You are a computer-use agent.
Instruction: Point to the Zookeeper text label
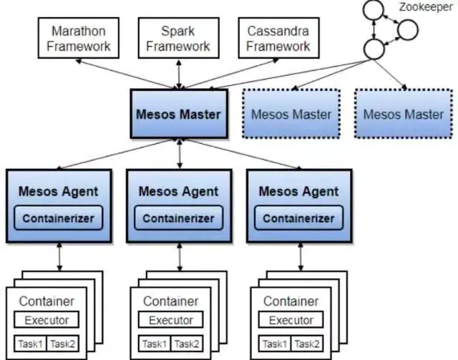(x=419, y=8)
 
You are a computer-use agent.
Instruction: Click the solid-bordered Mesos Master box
(x=179, y=114)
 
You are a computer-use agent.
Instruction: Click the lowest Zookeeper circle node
(x=373, y=49)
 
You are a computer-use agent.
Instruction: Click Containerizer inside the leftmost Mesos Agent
(x=59, y=218)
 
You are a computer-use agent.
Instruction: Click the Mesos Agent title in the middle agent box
(x=178, y=192)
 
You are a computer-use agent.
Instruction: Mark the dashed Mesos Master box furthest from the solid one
(x=403, y=115)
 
